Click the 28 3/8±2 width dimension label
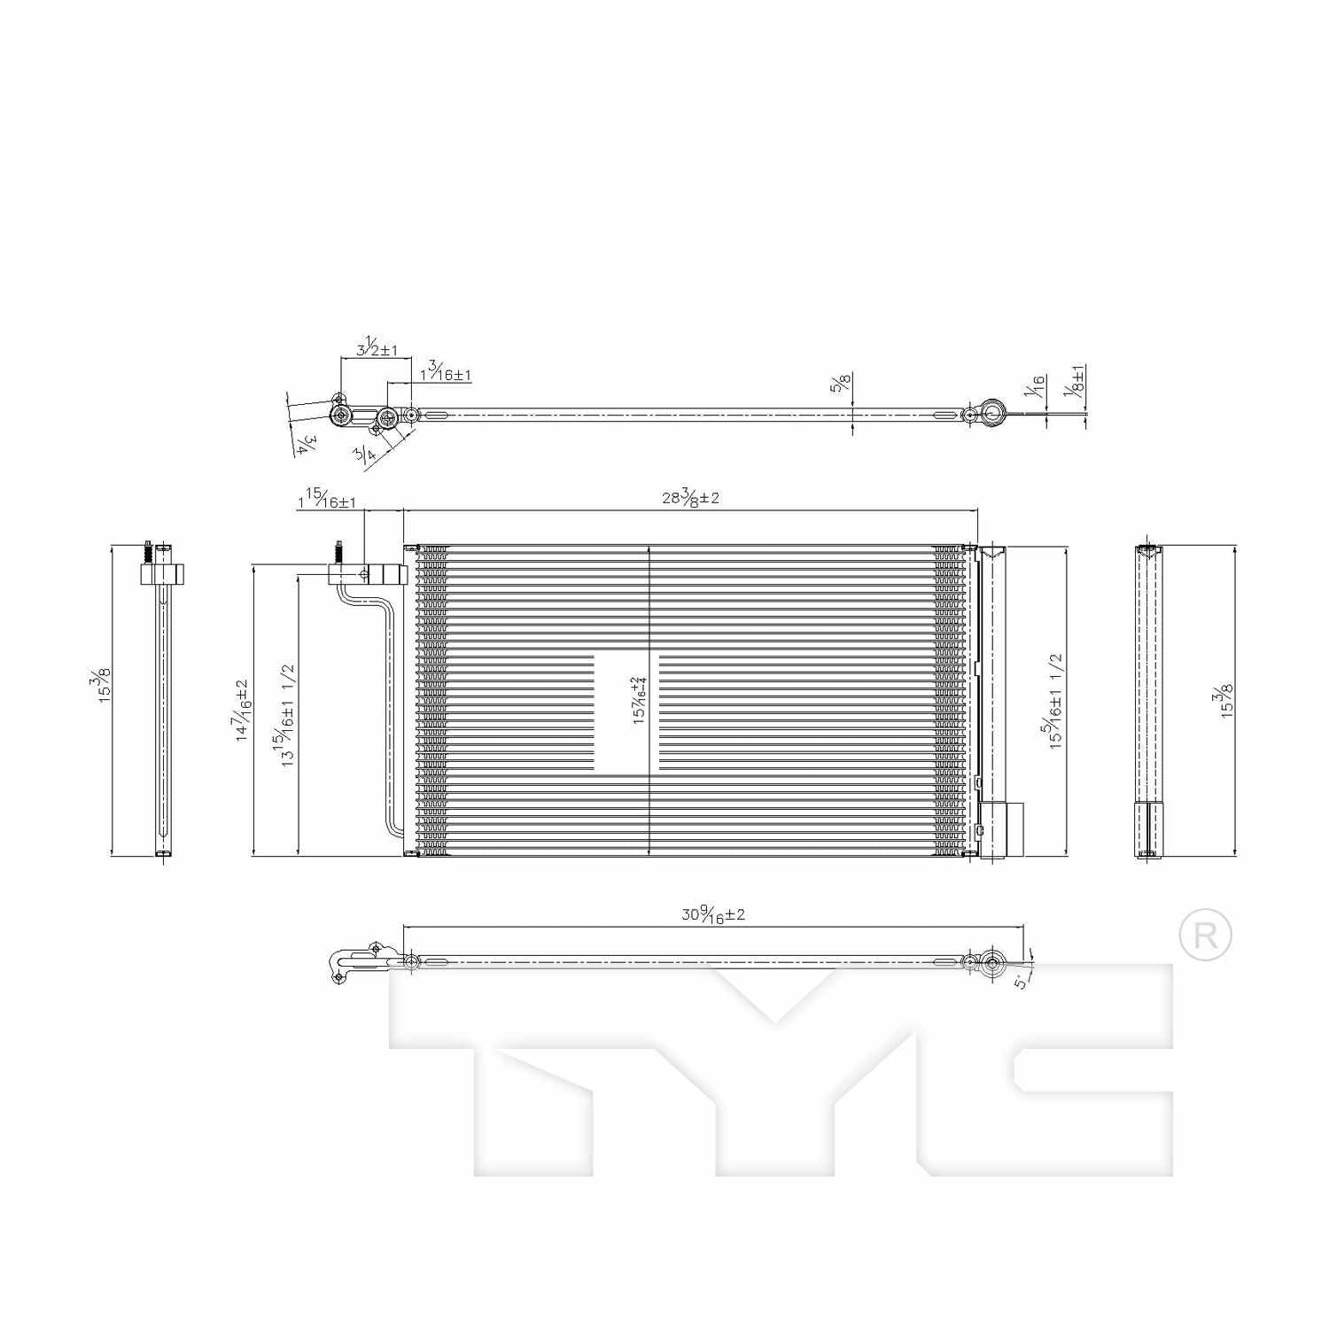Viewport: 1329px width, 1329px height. (690, 497)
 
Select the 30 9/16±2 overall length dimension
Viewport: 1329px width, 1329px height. (713, 914)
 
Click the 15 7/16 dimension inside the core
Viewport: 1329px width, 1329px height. (638, 701)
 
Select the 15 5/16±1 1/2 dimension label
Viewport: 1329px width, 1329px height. (1056, 701)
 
